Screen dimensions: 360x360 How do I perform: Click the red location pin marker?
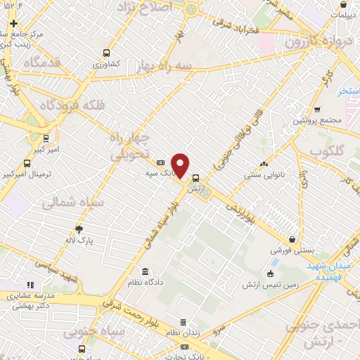point(181,165)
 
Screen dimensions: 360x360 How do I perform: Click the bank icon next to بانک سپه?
point(160,162)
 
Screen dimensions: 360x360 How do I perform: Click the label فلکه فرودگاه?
point(47,106)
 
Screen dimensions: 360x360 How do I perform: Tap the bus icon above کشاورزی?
point(106,52)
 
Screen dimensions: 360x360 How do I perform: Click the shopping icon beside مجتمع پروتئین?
point(317,109)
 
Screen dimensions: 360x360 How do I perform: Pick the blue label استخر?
point(348,91)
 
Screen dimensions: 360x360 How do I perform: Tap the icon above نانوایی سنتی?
point(264,164)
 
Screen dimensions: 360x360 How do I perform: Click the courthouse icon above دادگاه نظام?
point(145,272)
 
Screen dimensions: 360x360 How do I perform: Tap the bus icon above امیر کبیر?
point(46,138)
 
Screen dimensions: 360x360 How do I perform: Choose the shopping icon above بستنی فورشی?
point(291,239)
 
